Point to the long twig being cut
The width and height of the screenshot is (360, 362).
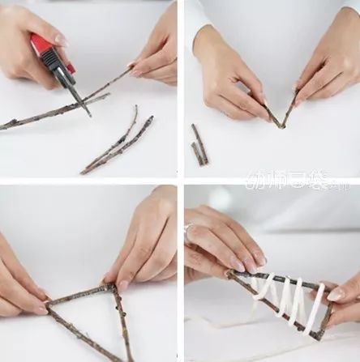pos(49,113)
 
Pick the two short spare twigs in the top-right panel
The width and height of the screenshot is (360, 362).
pos(199,146)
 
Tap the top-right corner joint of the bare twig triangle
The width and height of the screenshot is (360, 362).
pos(114,287)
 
